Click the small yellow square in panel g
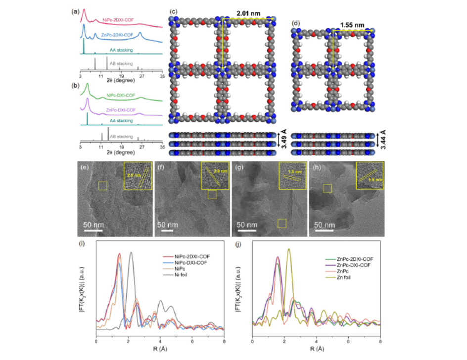click(281, 224)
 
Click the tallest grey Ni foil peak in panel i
click(131, 253)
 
